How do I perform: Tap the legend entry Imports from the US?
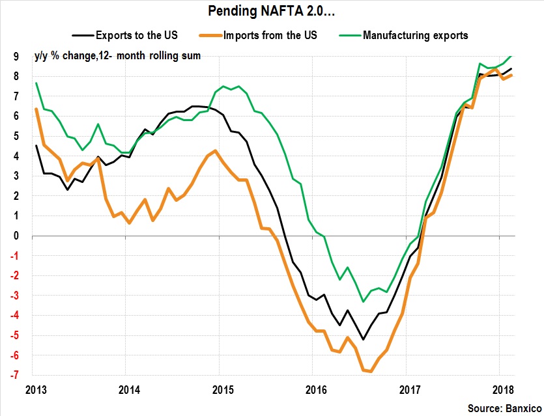point(270,35)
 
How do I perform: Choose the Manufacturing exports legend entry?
point(415,35)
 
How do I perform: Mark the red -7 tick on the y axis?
point(21,375)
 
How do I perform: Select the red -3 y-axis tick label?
point(21,296)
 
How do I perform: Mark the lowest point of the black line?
point(363,339)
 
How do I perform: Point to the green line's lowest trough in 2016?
point(363,301)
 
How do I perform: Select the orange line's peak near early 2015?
point(216,151)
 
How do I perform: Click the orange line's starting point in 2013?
point(35,109)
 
